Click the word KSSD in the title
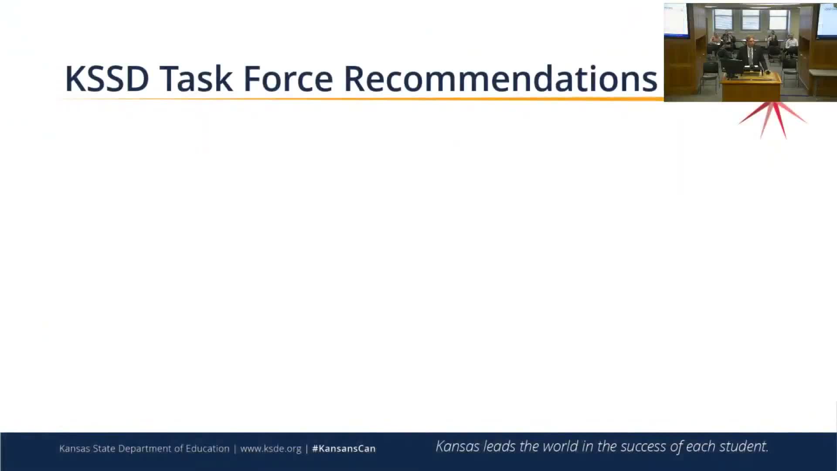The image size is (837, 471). point(107,78)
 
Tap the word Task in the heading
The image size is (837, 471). point(196,78)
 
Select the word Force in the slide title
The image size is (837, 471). point(288,78)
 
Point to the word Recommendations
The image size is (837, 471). point(500,78)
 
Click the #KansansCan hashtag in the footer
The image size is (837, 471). point(344,449)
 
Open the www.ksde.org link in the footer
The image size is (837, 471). point(271,449)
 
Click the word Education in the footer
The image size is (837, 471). point(208,448)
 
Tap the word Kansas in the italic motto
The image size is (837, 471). point(458,446)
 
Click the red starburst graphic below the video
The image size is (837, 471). point(772,119)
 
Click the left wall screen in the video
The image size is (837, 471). point(676,20)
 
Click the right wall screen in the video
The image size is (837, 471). point(827,20)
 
